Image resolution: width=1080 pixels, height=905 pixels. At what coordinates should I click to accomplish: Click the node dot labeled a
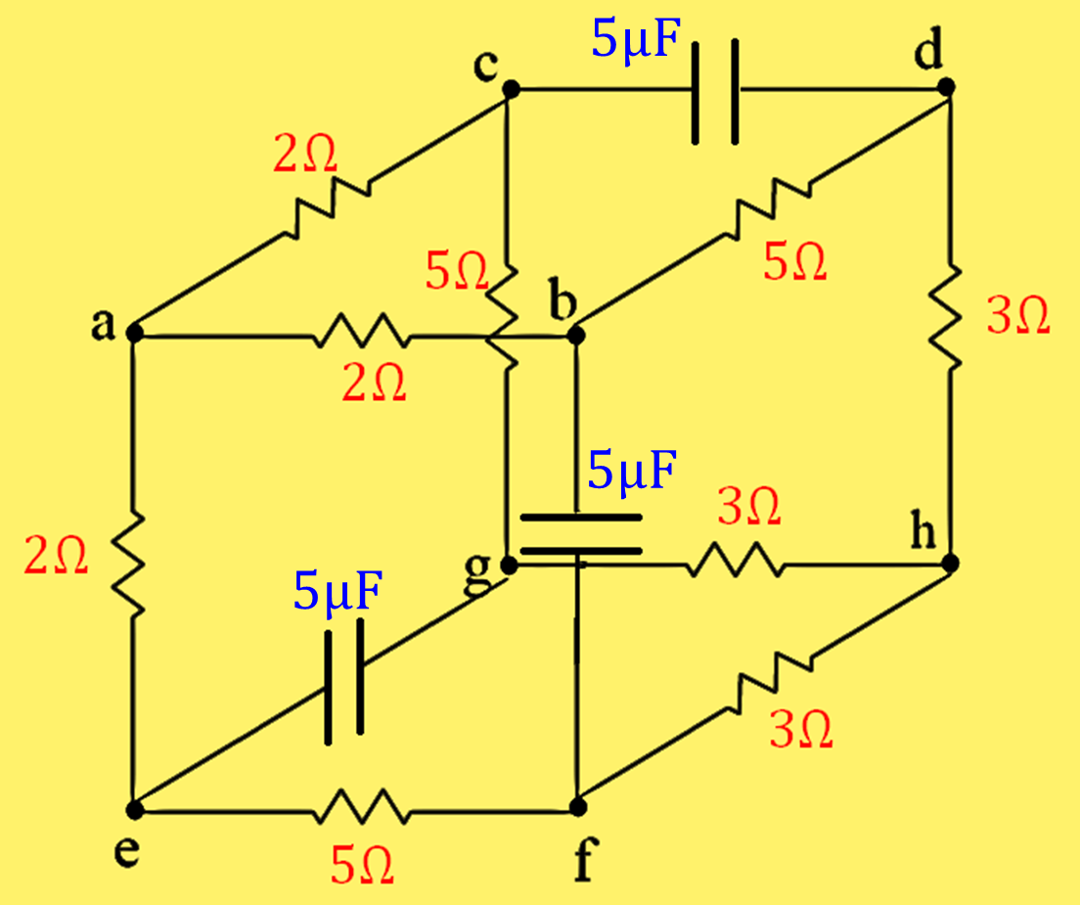[x=135, y=334]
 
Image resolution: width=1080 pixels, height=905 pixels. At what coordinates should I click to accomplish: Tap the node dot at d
[x=946, y=87]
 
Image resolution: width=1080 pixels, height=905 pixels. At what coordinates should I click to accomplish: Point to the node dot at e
[x=135, y=810]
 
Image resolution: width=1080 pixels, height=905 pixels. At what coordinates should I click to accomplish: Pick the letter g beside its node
[x=477, y=576]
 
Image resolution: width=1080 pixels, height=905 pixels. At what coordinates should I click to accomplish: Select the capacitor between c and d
[x=716, y=90]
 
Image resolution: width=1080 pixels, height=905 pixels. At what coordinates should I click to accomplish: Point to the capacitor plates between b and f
[x=579, y=534]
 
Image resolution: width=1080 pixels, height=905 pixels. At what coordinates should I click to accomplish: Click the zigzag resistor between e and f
[x=360, y=810]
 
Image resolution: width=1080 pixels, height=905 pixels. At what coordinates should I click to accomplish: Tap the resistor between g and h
[x=733, y=565]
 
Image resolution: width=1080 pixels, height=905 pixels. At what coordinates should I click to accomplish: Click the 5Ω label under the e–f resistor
[x=363, y=865]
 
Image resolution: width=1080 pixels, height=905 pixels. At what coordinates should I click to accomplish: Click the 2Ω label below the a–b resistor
[x=373, y=385]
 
